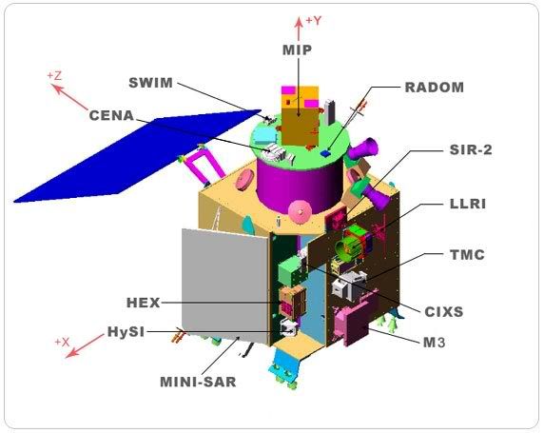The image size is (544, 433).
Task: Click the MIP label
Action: coord(297,50)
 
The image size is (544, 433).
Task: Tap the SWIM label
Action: coord(150,83)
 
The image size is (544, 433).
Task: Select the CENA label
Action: coord(111,116)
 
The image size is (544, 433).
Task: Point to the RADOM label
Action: coord(434,88)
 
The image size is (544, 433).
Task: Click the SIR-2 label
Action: coord(471,149)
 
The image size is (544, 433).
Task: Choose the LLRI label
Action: coord(468,204)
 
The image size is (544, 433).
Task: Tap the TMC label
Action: coord(467,255)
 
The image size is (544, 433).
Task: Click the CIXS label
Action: coord(444,312)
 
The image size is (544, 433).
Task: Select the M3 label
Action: coord(434,343)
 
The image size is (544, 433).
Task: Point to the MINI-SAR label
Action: coord(198,382)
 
